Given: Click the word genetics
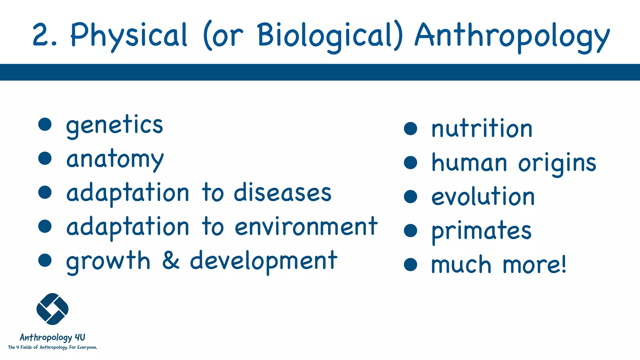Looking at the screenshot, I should (114, 125).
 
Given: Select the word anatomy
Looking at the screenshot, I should (115, 159).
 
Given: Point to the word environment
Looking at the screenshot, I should (306, 227).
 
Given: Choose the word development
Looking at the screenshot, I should (263, 261).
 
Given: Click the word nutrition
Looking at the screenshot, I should (482, 128).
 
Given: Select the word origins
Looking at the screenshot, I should (557, 163).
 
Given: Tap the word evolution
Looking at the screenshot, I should (483, 197).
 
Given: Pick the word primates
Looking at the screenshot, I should (481, 231).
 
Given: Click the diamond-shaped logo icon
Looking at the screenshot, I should (52, 309).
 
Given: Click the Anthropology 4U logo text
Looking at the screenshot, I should (52, 337).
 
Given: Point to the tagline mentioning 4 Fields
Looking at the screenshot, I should (52, 347).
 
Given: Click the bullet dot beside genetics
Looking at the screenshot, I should (45, 124).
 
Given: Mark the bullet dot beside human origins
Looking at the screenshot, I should (410, 162).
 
